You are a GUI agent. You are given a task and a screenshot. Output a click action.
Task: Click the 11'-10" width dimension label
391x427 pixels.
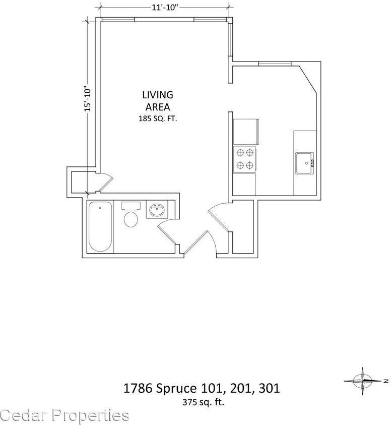click(164, 7)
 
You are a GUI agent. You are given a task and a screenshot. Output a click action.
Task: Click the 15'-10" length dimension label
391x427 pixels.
click(88, 98)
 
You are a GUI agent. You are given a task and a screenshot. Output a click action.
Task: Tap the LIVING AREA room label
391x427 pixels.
click(157, 100)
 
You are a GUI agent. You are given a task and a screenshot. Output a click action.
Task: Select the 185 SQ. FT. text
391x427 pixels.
click(157, 119)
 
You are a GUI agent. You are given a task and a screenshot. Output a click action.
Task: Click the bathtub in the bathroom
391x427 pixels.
click(100, 226)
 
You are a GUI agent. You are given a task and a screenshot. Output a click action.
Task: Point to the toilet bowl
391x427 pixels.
click(131, 220)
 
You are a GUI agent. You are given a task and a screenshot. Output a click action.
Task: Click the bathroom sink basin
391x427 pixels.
click(156, 210)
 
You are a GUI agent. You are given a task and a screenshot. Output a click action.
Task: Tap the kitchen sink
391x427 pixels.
click(304, 162)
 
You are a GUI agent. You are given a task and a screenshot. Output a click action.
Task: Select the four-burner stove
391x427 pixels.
click(244, 158)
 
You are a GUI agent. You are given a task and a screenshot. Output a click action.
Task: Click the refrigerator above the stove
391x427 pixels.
click(245, 132)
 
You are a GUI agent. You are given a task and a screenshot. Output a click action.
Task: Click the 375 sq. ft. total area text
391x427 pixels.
click(203, 402)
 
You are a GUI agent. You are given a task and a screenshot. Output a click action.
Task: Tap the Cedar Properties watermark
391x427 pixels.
click(64, 415)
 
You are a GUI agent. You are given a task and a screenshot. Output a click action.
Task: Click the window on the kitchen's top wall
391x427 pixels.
click(275, 64)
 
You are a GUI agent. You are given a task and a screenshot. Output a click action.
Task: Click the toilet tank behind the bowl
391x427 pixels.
click(131, 206)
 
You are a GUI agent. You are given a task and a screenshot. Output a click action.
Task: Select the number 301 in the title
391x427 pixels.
click(269, 389)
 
